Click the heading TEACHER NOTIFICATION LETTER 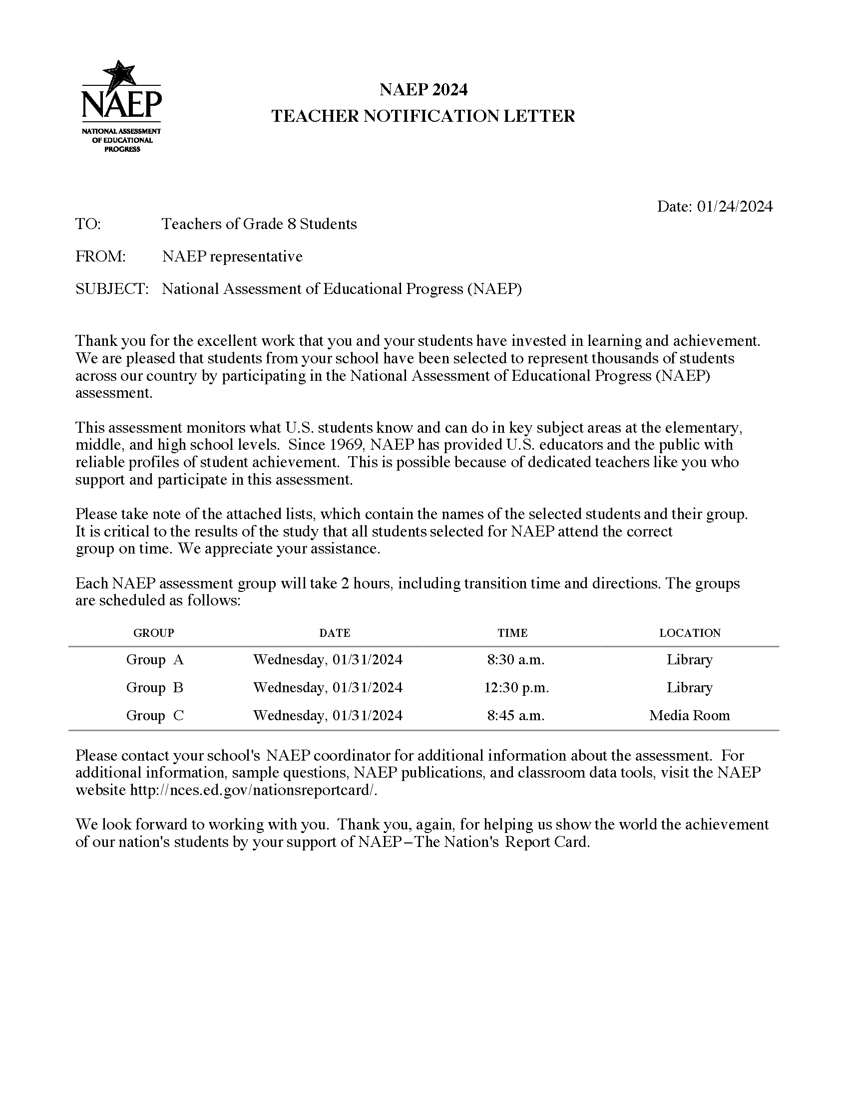[x=423, y=116]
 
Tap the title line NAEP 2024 [x=423, y=90]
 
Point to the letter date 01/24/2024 [x=734, y=207]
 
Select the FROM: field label [x=100, y=257]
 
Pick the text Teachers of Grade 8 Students [x=259, y=224]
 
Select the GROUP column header [x=153, y=633]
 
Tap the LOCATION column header [x=690, y=633]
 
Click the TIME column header [x=512, y=633]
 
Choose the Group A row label [x=154, y=660]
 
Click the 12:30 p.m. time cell [x=516, y=688]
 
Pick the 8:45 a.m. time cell [x=515, y=715]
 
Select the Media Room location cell [x=689, y=715]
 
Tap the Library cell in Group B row [x=689, y=688]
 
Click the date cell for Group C [x=328, y=715]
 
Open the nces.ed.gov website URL [x=253, y=790]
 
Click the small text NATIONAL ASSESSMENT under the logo [x=121, y=131]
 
